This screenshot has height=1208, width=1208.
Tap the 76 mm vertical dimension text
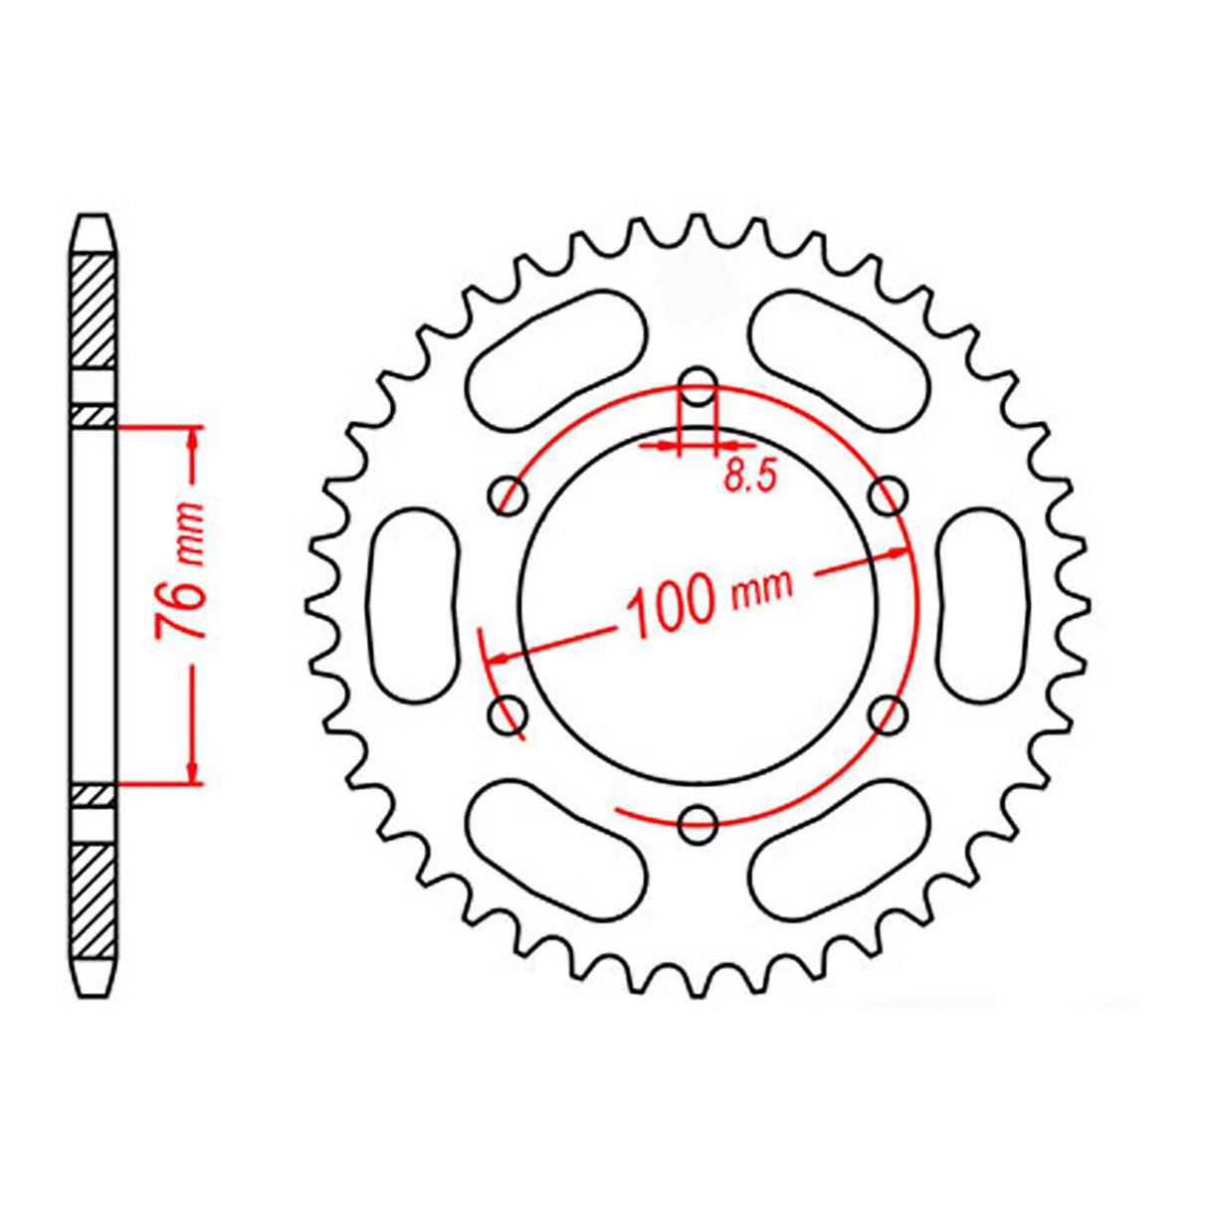(x=182, y=575)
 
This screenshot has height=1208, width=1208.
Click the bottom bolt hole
(x=698, y=820)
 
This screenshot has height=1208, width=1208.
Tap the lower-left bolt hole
(x=510, y=711)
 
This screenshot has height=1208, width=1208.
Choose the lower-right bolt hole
(x=887, y=711)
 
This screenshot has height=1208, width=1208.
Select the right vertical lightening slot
(x=982, y=603)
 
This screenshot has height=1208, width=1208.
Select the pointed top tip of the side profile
(x=97, y=218)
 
